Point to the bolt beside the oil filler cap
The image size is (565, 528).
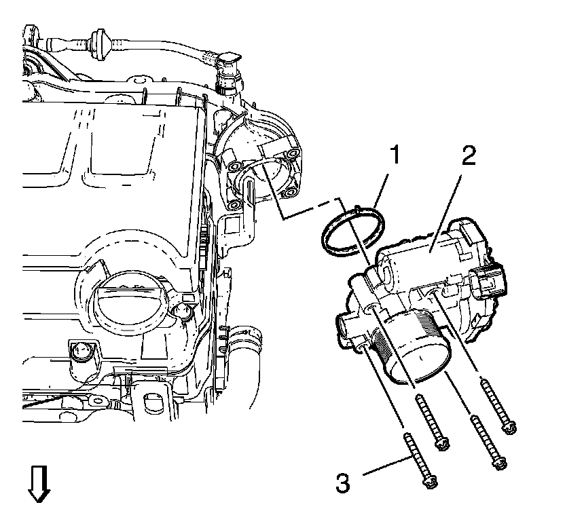181,312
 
